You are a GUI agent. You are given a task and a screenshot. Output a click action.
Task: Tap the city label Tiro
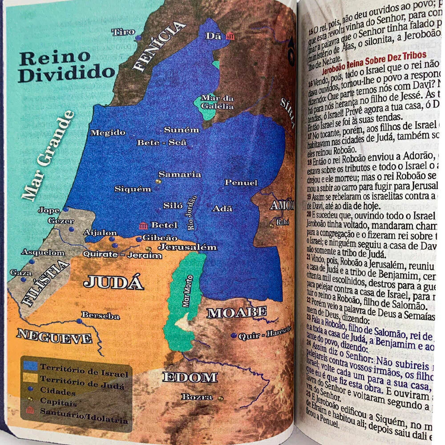coord(124,32)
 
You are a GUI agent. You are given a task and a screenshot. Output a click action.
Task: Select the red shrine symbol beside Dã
coord(230,36)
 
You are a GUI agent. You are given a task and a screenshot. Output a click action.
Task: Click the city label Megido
coord(108,133)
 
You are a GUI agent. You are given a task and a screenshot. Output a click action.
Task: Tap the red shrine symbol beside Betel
coord(143,225)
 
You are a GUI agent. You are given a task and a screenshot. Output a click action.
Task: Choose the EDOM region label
coord(190,378)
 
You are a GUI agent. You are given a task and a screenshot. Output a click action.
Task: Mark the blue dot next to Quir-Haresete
coord(234,336)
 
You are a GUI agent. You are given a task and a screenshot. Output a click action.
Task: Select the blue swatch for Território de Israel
coord(30,366)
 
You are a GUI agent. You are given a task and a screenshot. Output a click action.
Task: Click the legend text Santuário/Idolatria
coord(84,419)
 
